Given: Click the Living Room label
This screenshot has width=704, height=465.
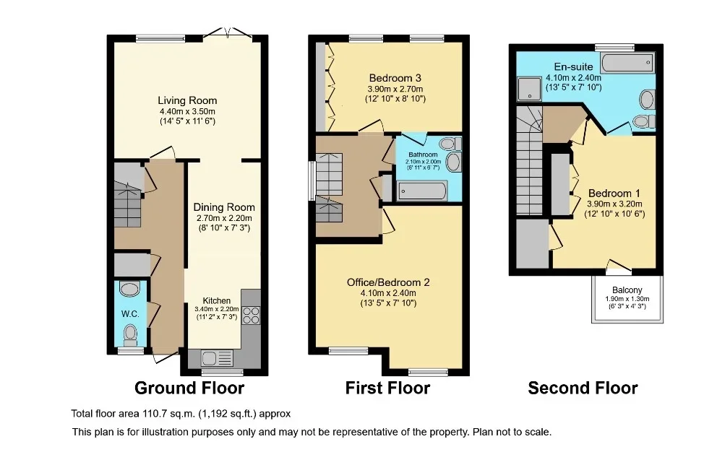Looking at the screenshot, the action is (187, 100).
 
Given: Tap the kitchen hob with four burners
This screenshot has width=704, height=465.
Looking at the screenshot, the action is (251, 315).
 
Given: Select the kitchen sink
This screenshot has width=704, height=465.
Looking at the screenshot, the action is (218, 358).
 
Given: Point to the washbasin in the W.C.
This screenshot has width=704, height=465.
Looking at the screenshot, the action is (130, 289).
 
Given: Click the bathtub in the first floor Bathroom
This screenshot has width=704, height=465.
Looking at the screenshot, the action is (422, 191).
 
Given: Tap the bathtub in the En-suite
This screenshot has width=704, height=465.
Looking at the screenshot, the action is (627, 63).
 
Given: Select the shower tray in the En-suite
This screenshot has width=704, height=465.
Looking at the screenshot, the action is (529, 89).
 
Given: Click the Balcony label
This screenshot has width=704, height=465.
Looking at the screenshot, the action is (627, 290).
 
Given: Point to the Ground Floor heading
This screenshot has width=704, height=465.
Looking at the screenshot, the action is (189, 388).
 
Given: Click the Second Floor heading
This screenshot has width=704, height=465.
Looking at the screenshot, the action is (583, 388).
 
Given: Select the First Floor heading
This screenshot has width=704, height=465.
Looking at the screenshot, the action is (387, 388).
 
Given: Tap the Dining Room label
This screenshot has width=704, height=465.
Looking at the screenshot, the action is (224, 207).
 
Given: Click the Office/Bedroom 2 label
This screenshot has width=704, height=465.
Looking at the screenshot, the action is (388, 282).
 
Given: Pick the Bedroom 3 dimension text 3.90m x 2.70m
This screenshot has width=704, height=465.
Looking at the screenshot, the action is (395, 89).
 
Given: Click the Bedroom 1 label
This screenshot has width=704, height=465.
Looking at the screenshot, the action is (614, 194).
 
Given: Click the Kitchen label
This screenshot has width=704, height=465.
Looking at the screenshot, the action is (216, 300).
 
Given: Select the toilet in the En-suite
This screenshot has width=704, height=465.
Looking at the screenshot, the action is (644, 121).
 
